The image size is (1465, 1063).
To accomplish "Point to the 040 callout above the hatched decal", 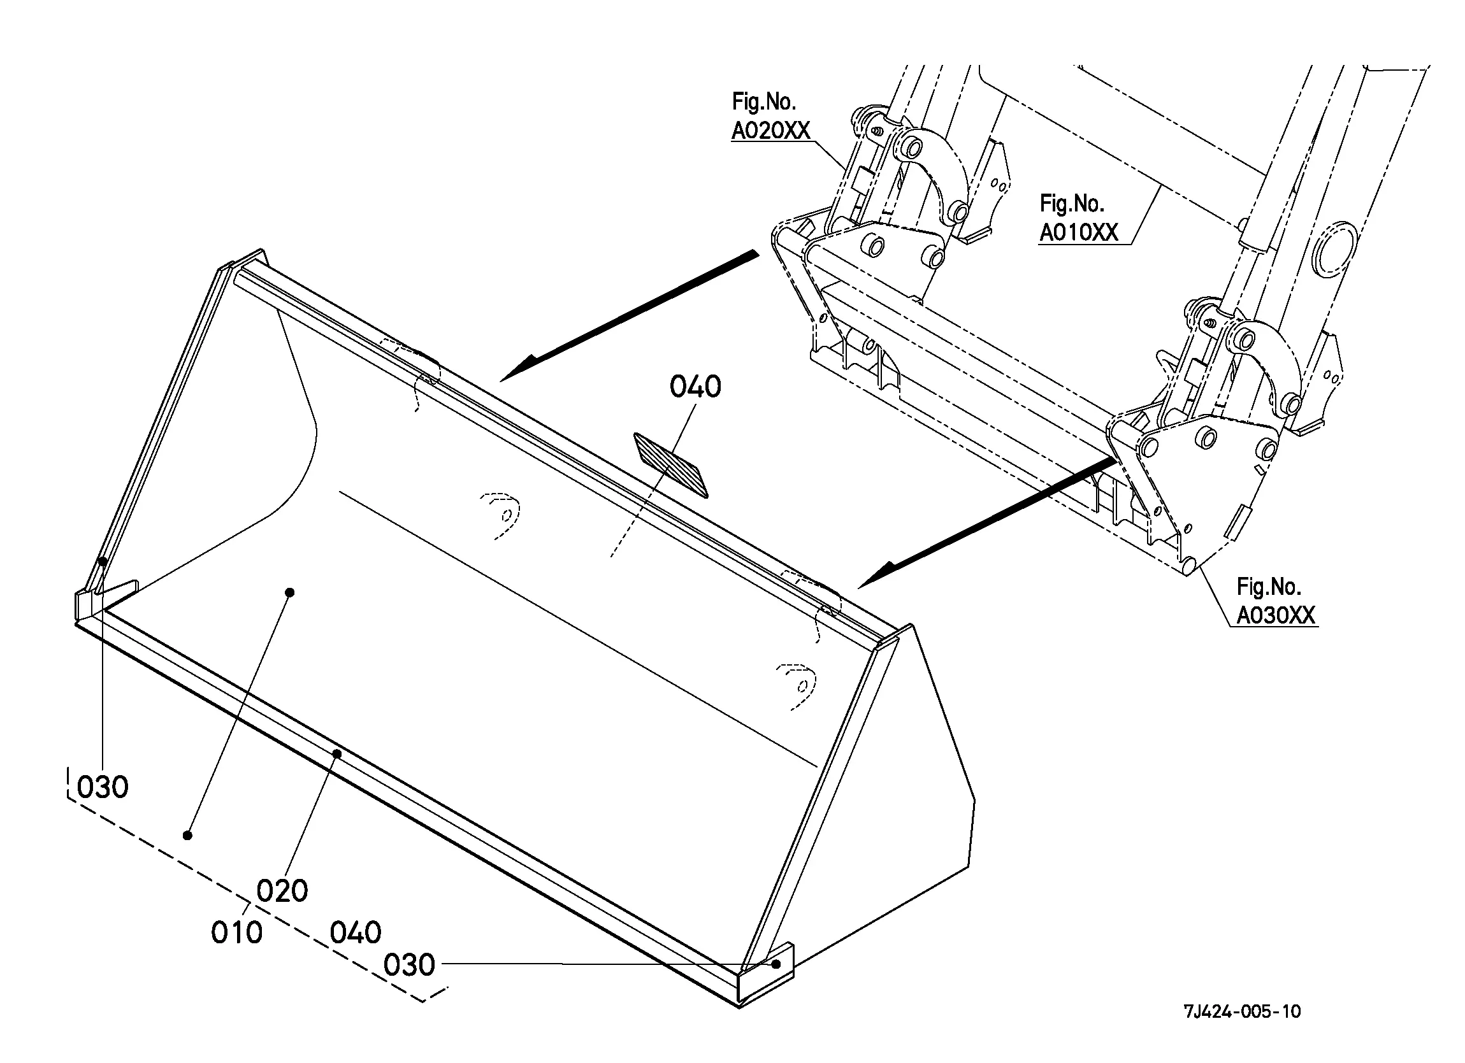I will pos(695,387).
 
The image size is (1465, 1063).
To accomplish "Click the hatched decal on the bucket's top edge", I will pos(670,465).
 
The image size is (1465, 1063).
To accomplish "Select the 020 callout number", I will pos(282,891).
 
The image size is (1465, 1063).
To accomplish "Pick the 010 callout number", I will pos(236,932).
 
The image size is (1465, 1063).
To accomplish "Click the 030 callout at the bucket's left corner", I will pos(103,787).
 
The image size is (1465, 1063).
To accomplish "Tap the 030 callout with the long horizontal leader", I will pos(409,965).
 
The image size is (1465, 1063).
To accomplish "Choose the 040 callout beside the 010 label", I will pos(356,932).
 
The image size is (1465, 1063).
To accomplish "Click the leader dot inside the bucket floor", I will pos(290,592).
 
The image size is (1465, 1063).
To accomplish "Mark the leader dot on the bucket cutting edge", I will pos(336,753).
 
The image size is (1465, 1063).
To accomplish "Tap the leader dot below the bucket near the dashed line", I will pos(187,836).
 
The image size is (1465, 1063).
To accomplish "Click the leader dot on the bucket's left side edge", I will pos(102,560).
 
